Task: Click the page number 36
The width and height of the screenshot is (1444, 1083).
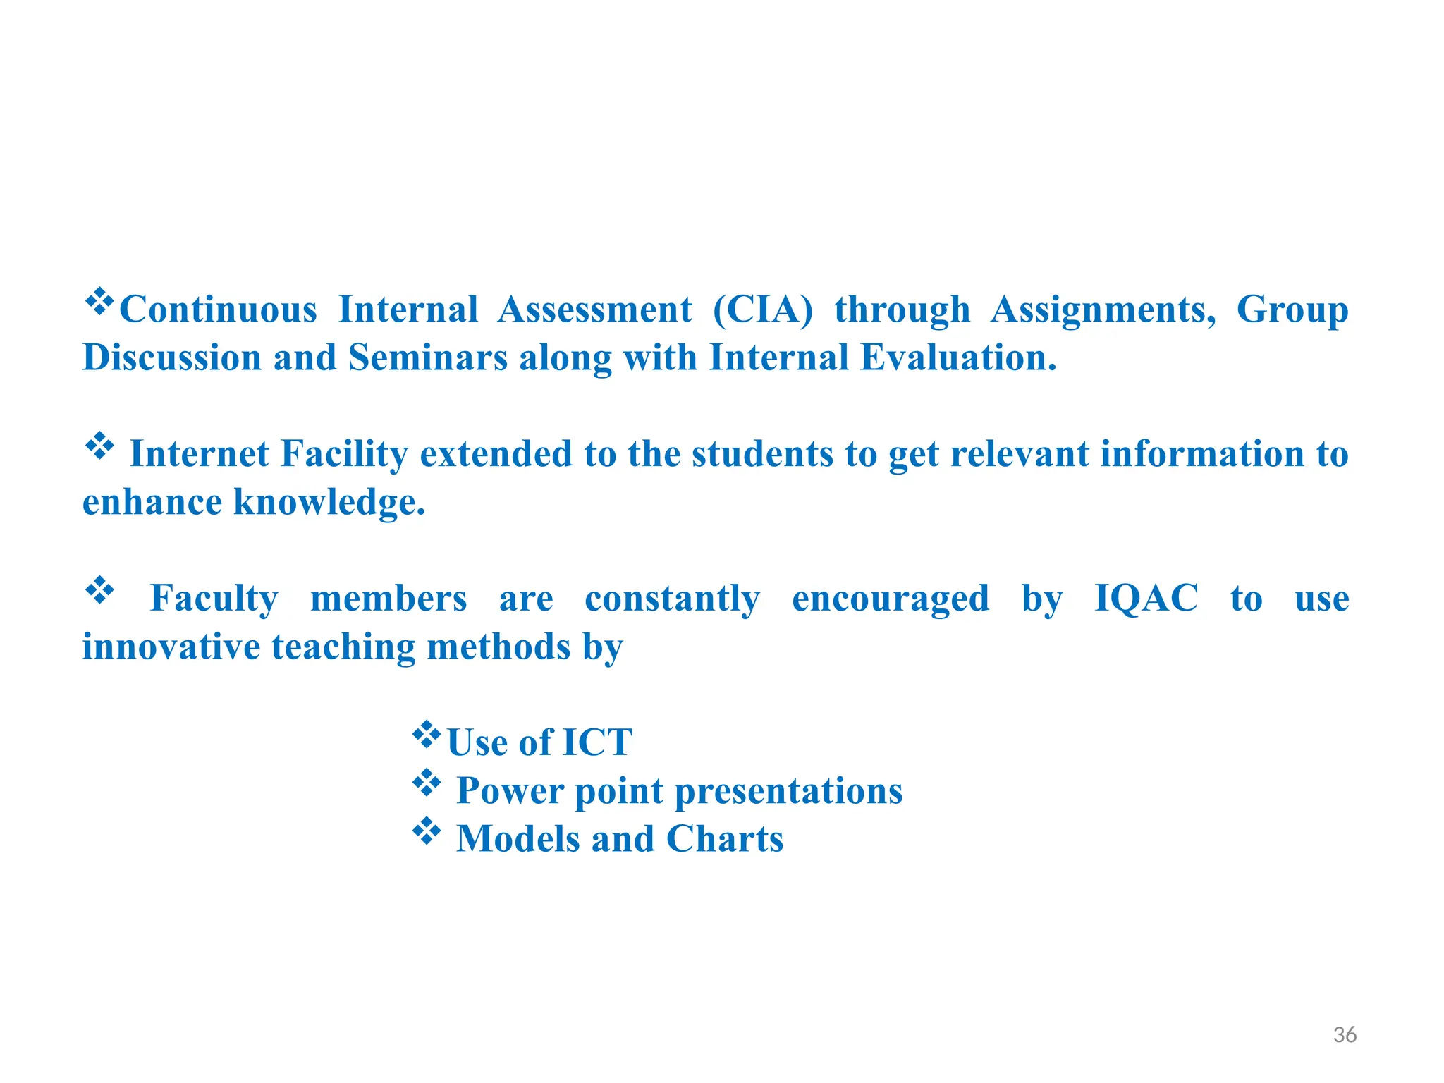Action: point(1345,1034)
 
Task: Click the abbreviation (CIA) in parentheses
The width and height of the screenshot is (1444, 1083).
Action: point(762,310)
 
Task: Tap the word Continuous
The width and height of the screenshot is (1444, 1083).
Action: point(218,310)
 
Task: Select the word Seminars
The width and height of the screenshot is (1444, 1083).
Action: point(427,357)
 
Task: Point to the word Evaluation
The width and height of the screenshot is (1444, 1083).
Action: point(958,357)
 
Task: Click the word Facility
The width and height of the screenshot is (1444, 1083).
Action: point(344,454)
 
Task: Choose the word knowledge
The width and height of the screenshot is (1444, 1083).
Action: point(329,502)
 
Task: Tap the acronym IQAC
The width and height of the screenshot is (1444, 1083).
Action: point(1146,599)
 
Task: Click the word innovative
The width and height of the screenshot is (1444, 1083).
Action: point(171,647)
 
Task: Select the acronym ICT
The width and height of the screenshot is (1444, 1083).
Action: point(596,742)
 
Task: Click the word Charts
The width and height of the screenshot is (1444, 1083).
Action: point(724,839)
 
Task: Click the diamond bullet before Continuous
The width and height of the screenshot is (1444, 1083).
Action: point(99,302)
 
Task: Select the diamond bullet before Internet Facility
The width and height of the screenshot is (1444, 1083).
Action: point(99,446)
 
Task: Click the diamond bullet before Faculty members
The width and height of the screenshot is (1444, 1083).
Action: point(99,591)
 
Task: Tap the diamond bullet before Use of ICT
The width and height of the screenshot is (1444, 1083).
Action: point(427,735)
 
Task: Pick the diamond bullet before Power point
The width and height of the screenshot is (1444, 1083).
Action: point(427,783)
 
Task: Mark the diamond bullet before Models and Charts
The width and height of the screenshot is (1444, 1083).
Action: point(427,831)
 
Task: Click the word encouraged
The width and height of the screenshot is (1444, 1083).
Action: point(890,599)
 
